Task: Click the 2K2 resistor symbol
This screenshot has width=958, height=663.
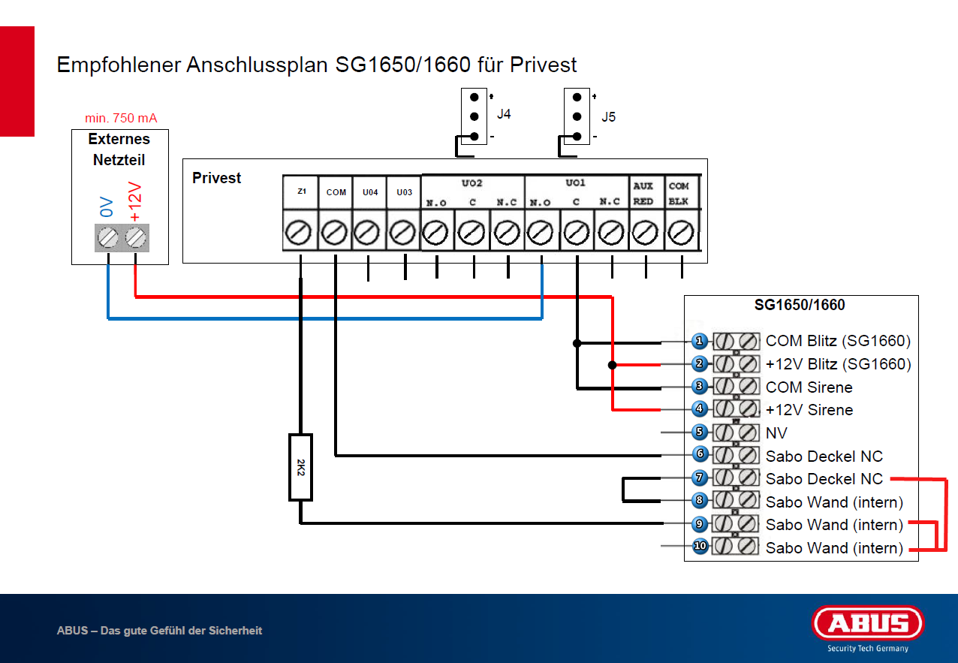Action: coord(300,466)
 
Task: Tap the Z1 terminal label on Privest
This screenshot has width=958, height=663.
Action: coord(301,191)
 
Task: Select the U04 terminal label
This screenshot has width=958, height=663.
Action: coord(370,192)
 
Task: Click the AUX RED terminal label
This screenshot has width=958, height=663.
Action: coord(643,194)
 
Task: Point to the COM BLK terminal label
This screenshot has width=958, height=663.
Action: coord(679,194)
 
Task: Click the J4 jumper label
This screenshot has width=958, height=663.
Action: coord(504,116)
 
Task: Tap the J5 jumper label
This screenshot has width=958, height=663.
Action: coord(608,117)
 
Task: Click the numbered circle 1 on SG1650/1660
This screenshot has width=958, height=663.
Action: coord(700,341)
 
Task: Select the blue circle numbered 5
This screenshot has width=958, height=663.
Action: coord(700,432)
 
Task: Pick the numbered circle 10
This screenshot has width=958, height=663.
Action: coord(700,547)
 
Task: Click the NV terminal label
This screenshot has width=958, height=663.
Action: coord(776,433)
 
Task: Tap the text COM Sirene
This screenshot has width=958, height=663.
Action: coord(809,387)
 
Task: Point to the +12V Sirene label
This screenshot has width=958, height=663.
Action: coord(809,410)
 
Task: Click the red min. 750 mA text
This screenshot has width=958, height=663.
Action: coord(121,118)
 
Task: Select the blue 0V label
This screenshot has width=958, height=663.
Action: coord(107,207)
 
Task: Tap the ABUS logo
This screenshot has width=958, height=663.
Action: coord(868,623)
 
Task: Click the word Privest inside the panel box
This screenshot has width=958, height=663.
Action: coord(217,178)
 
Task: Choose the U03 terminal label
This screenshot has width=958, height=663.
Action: coord(404,192)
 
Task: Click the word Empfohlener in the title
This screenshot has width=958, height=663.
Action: coord(119,65)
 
